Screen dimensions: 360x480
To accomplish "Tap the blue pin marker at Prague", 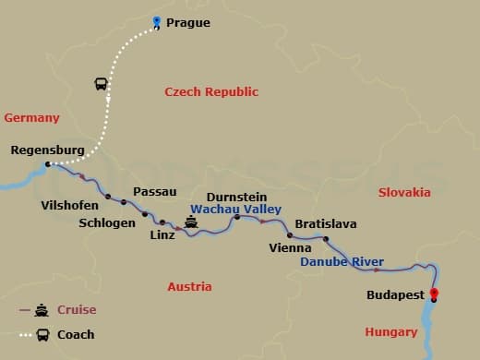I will point(157,22).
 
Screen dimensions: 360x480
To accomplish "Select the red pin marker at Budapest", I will point(434,296).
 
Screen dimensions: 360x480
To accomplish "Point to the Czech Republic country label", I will point(211,91).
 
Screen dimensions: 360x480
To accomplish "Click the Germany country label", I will point(31,117).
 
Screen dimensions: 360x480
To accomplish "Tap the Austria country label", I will point(189,286).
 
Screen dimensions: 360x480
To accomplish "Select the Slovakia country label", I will point(404,192).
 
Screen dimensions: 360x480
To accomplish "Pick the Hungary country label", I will point(391,331).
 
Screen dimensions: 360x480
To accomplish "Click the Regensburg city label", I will point(48,150).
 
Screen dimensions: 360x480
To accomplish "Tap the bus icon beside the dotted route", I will point(101,84).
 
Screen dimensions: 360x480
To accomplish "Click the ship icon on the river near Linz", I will point(191,222).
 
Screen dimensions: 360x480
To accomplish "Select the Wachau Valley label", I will point(235,210).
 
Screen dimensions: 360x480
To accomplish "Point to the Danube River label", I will point(342,262).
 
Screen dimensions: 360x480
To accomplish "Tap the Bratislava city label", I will point(325,224).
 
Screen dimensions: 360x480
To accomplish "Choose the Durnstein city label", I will point(237,197).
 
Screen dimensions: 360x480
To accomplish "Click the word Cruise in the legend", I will point(77,309).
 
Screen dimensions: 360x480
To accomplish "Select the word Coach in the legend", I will point(76,334).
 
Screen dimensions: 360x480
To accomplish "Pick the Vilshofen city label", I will point(70,205).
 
